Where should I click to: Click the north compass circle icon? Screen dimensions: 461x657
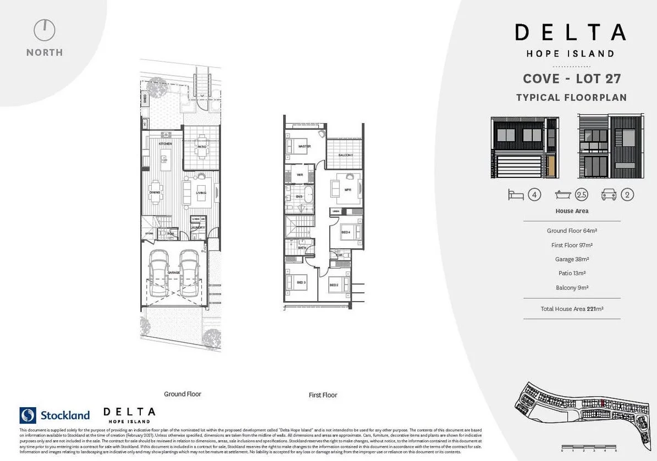[x=45, y=30]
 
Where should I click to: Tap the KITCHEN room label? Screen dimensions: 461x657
[x=165, y=143]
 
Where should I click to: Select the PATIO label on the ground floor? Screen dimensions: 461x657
[x=201, y=147]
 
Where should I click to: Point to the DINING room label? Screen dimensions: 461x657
[x=155, y=192]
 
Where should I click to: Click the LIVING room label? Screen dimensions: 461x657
[x=201, y=192]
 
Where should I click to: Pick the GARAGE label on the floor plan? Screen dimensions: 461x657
[x=174, y=273]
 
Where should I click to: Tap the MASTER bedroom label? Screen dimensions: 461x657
[x=304, y=147]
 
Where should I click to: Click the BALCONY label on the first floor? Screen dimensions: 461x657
[x=345, y=155]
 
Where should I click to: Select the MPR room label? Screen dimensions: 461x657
[x=347, y=190]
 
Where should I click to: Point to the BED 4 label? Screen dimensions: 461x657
[x=345, y=232]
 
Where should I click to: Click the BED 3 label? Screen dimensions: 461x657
[x=301, y=282]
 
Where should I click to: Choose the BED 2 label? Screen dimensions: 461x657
[x=334, y=285]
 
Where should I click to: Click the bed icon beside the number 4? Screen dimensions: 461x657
[x=516, y=195]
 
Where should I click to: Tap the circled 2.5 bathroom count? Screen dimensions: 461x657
[x=581, y=195]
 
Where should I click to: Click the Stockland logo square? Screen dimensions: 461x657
[x=27, y=415]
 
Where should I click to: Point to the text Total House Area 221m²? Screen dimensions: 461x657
[x=572, y=309]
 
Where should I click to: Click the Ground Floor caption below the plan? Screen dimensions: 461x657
[x=183, y=394]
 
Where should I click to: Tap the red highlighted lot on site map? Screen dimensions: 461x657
[x=603, y=403]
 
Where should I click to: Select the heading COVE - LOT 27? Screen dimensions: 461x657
[x=571, y=79]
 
